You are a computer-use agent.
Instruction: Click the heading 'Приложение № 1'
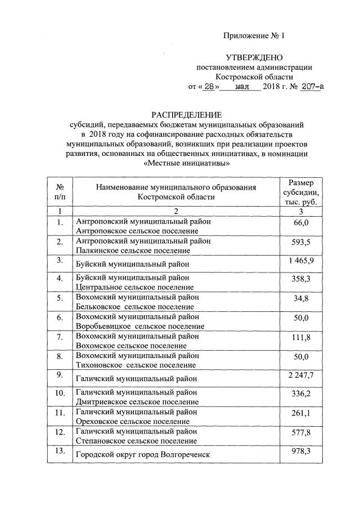coord(254,36)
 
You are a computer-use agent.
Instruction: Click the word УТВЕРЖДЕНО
coord(254,57)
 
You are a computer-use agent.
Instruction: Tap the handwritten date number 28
coord(209,87)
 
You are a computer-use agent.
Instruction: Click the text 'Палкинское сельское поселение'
coord(132,250)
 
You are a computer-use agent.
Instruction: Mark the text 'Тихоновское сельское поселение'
coord(135,364)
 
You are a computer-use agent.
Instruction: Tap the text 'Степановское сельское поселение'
coord(136,440)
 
